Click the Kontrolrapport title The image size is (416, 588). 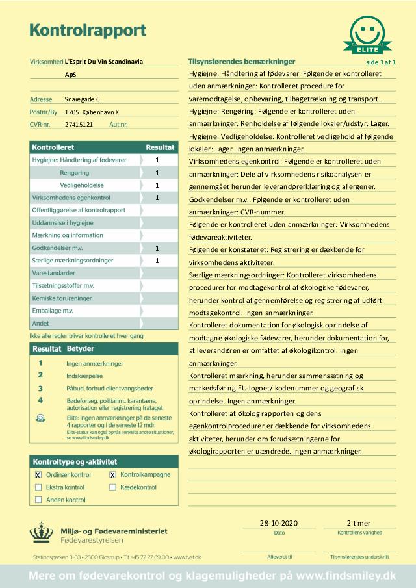88,30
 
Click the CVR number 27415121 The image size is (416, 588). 79,123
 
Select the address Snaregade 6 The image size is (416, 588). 83,99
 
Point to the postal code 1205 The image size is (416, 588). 71,112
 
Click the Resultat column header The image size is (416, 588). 159,147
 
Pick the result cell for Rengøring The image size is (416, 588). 157,173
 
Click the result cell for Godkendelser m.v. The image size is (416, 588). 157,248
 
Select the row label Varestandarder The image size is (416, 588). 53,274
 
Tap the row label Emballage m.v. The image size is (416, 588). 53,311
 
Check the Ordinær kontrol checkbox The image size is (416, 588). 38,475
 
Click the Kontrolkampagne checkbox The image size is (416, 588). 112,475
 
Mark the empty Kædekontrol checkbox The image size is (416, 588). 112,487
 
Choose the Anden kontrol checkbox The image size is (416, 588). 38,500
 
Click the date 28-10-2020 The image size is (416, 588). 278,522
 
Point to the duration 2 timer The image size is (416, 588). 359,522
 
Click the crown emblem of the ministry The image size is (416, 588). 42,534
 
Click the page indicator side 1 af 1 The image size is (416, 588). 382,62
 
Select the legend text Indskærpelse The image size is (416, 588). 85,376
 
